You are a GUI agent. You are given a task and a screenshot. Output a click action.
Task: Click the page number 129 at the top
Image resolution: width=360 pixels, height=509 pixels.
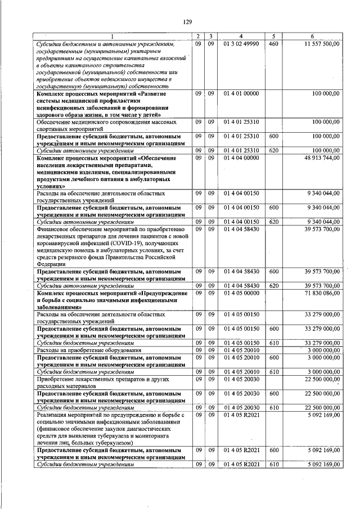(188, 22)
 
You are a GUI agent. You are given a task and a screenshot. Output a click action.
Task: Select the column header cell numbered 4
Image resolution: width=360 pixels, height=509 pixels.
(240, 37)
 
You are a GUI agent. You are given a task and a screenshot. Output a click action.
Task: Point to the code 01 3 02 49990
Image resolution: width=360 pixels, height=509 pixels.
(240, 43)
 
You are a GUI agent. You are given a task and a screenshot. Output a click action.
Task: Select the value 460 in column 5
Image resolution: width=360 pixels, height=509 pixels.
(273, 43)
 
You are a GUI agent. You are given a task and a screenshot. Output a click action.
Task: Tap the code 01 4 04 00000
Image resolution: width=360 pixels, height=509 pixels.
(240, 159)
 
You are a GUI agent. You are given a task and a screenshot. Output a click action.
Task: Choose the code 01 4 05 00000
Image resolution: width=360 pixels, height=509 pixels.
(240, 294)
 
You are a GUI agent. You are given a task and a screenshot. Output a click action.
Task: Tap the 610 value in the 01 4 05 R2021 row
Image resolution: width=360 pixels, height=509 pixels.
(273, 465)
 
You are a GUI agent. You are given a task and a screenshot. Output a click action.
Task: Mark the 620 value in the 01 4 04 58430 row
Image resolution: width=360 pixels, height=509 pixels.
(273, 286)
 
